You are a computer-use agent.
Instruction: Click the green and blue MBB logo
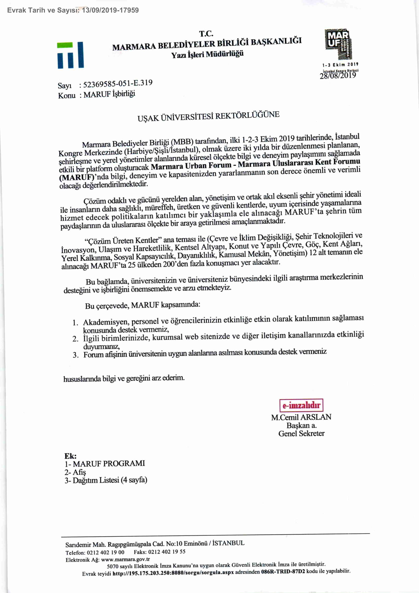coord(70,55)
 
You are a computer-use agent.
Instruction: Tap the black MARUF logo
coord(338,44)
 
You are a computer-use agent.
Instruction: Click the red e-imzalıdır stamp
coord(301,405)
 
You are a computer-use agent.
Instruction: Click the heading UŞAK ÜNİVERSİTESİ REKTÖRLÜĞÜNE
coord(208,116)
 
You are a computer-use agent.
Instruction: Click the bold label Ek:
coord(70,456)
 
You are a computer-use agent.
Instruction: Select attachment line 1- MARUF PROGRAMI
coord(105,463)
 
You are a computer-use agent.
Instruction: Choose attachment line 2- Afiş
coord(75,472)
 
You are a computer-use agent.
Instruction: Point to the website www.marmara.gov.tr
coord(125,560)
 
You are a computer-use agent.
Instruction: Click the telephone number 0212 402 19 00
coord(105,552)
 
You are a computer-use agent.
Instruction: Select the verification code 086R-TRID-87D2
coord(283,571)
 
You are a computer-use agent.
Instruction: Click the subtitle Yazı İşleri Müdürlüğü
coord(207,54)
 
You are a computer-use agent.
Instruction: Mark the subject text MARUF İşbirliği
coord(109,94)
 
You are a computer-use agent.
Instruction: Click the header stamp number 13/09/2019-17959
coord(110,10)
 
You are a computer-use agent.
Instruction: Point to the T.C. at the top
coord(206,34)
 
